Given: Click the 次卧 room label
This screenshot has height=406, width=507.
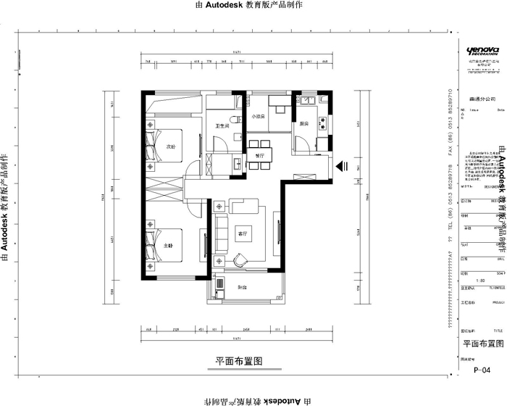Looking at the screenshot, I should [171, 146].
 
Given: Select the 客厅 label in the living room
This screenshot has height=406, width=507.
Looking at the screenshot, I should [242, 233].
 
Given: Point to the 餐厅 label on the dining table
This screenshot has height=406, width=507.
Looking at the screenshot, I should [256, 154].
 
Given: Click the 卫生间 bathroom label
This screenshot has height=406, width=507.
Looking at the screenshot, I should [222, 127].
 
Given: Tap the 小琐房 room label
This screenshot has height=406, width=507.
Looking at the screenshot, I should [259, 117].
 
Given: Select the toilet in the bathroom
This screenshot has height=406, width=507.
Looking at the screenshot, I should [233, 119].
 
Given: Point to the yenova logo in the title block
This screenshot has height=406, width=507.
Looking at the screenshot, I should [482, 50].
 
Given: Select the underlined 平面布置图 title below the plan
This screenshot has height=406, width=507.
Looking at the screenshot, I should [237, 360].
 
